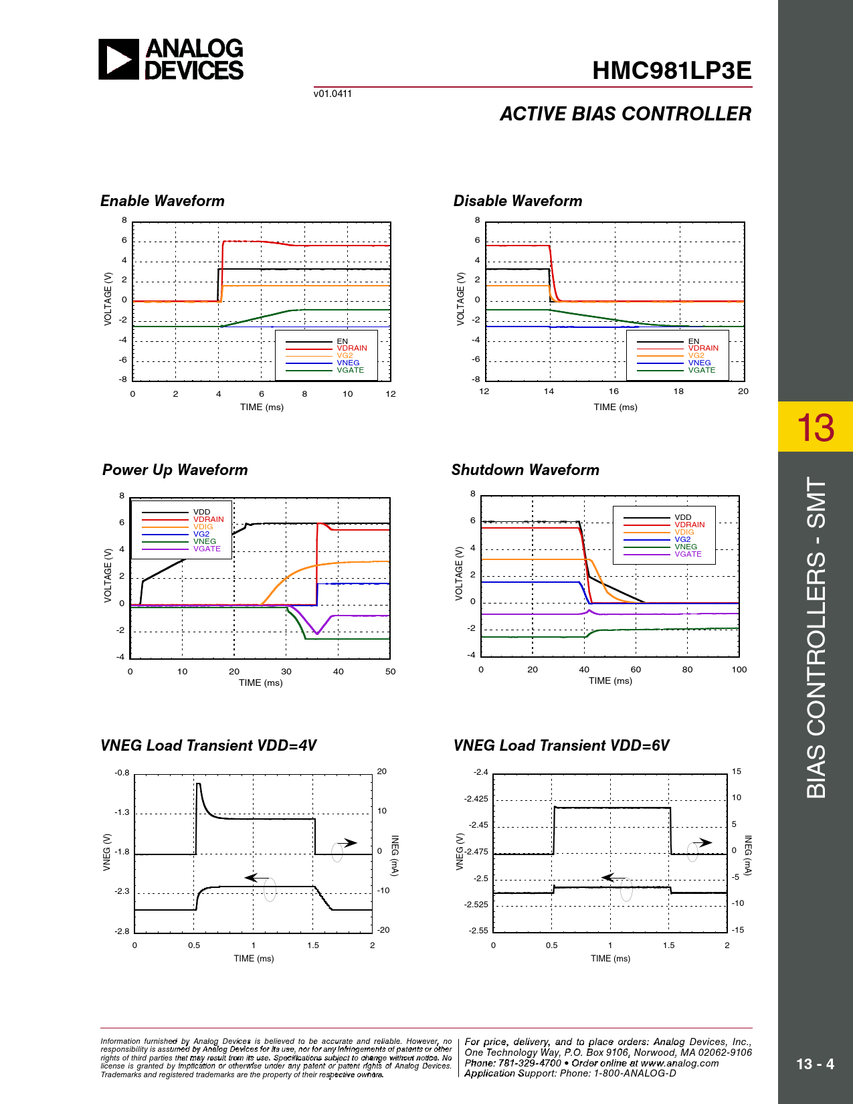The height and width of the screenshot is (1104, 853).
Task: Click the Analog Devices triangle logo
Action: [x=118, y=60]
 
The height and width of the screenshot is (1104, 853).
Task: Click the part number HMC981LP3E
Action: [x=672, y=71]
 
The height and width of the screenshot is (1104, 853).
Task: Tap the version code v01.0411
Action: [x=333, y=94]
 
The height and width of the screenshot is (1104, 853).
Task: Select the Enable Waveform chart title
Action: [x=163, y=201]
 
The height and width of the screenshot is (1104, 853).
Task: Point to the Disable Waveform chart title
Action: [x=518, y=201]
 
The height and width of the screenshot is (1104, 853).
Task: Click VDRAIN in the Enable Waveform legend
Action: [x=352, y=348]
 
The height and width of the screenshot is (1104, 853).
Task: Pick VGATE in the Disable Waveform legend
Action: [x=702, y=370]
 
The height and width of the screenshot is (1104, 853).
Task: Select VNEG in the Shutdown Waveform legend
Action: [x=686, y=547]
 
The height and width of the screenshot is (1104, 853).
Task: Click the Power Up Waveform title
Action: [x=175, y=470]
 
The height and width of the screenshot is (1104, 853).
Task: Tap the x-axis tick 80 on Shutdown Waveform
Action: [x=687, y=669]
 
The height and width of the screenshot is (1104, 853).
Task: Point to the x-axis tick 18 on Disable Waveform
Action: [x=678, y=391]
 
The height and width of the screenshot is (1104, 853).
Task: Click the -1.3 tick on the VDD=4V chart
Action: [x=122, y=812]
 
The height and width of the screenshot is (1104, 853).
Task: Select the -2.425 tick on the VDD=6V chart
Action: [x=476, y=799]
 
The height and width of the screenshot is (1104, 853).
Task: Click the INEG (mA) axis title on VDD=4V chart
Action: [x=394, y=855]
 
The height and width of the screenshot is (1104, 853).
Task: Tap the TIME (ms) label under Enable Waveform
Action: [x=262, y=407]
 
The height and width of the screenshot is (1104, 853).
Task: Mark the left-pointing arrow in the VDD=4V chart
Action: [x=256, y=877]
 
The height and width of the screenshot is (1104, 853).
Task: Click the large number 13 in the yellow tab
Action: [x=816, y=427]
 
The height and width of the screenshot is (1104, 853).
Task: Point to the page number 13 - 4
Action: [x=815, y=1064]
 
